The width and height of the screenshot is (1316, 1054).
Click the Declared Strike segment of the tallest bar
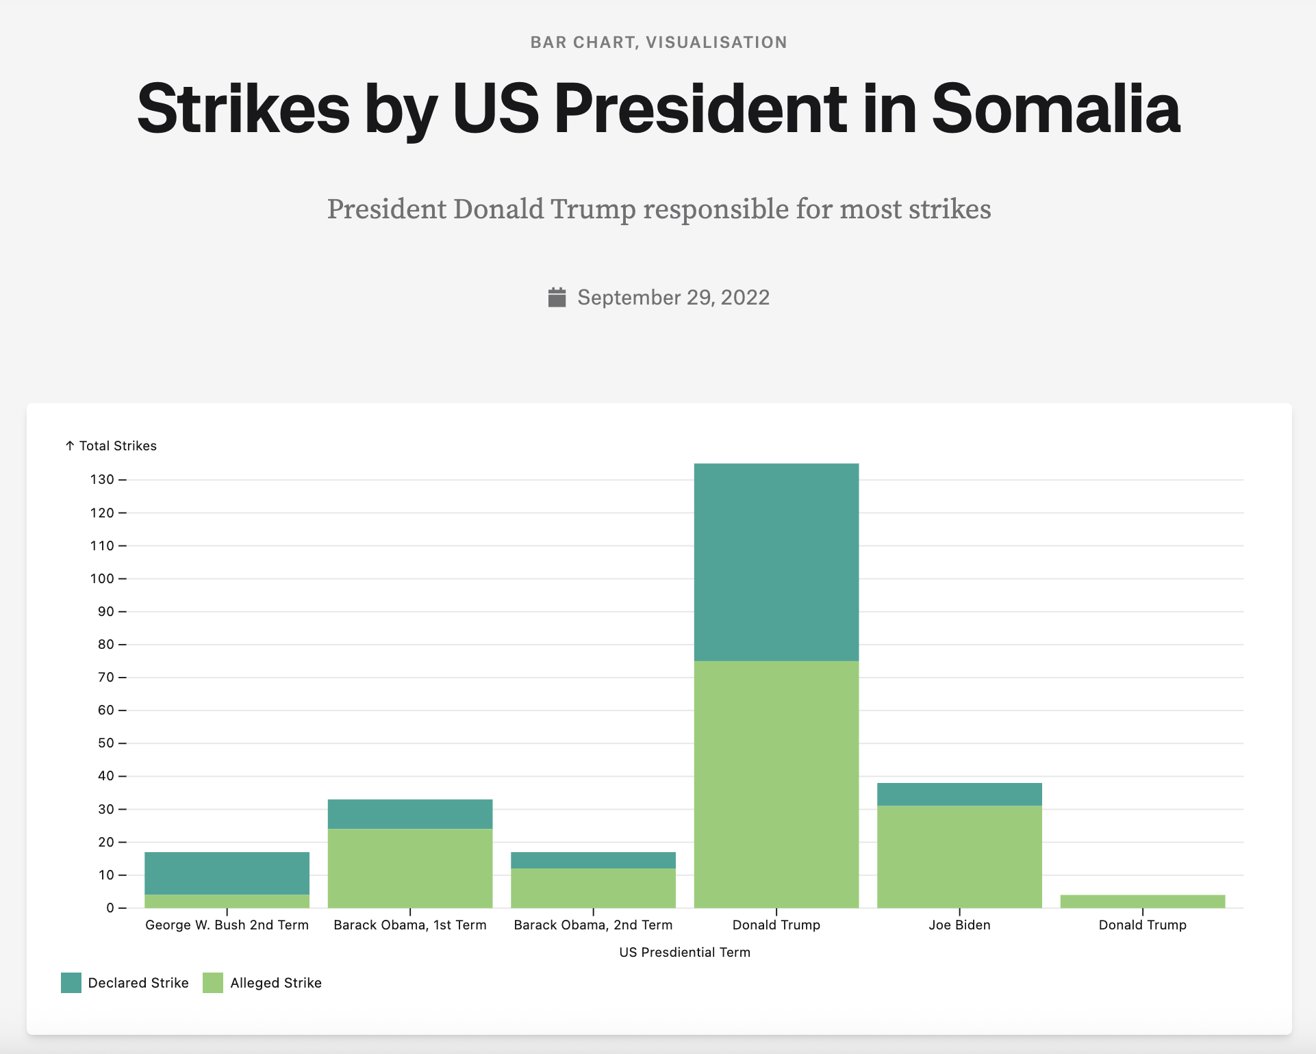pos(776,562)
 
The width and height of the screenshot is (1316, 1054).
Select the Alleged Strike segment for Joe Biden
pos(959,856)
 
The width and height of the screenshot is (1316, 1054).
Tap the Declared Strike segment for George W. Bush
pos(227,873)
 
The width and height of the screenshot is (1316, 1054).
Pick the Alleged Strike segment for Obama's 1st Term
pos(409,868)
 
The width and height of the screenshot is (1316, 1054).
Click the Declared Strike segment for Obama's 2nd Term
pos(593,860)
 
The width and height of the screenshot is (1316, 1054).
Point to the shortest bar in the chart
pos(1142,901)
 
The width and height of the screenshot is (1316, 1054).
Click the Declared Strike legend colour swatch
pos(71,983)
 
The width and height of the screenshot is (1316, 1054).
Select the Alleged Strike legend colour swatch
pos(213,983)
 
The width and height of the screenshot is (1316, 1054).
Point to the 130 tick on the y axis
pos(102,480)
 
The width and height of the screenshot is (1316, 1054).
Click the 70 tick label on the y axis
pos(106,678)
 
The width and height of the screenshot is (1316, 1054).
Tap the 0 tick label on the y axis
pos(110,908)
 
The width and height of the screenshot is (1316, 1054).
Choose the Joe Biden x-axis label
pos(959,925)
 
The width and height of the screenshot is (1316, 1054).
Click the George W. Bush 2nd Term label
pos(227,925)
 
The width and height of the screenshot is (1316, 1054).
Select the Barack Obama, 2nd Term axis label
pos(593,925)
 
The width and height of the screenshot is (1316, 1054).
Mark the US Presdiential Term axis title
pos(685,953)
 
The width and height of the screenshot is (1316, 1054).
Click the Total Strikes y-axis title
pos(117,446)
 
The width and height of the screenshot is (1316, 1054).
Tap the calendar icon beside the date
pos(557,298)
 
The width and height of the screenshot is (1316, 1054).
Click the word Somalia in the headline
pos(1055,110)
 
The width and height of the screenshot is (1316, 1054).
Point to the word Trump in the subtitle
pos(593,209)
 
